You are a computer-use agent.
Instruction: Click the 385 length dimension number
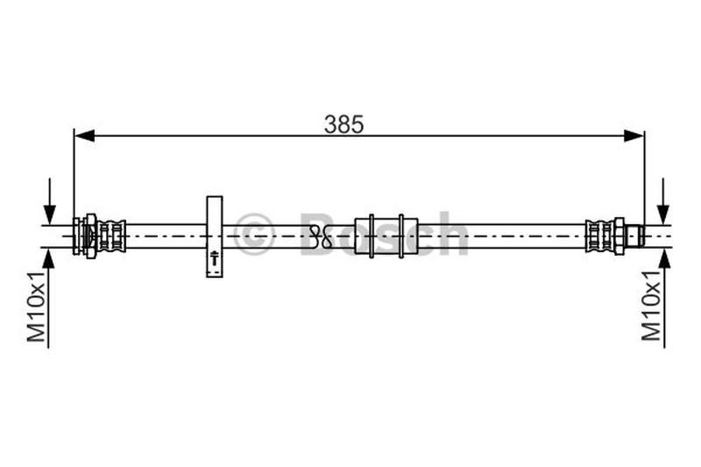tap(343, 124)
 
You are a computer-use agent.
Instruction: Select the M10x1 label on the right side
tap(650, 306)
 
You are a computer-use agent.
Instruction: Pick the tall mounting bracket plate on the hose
tap(215, 236)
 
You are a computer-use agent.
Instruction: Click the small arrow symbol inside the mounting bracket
tap(215, 258)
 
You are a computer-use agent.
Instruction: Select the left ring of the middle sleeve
tap(372, 236)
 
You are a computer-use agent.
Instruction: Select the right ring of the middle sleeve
tap(401, 236)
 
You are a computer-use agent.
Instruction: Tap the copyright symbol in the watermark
tap(254, 235)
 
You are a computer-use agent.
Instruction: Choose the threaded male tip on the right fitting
tap(635, 236)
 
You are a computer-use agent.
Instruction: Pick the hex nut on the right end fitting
tap(619, 236)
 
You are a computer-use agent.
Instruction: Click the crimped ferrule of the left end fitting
tap(111, 236)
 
